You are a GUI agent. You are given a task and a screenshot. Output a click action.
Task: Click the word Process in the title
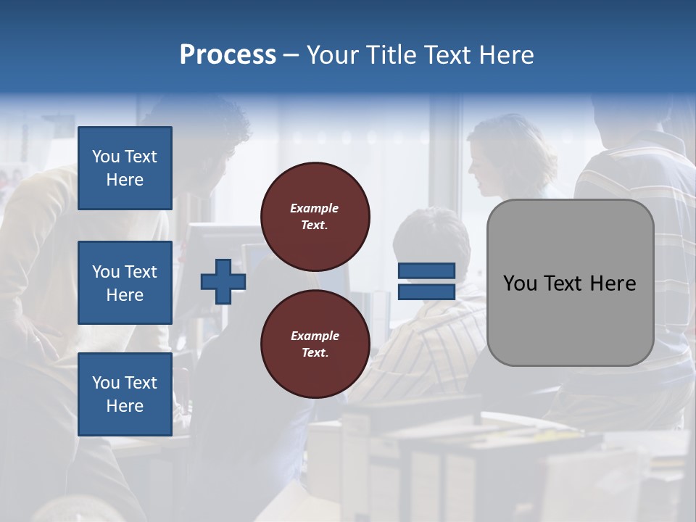pyautogui.click(x=228, y=55)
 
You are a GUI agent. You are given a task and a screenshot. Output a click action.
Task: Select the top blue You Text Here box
pyautogui.click(x=125, y=168)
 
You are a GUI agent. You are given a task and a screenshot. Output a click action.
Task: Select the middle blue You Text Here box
pyautogui.click(x=125, y=283)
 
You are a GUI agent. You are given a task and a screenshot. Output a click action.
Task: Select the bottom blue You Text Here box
pyautogui.click(x=125, y=394)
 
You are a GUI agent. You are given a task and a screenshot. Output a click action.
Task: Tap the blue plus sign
pyautogui.click(x=223, y=281)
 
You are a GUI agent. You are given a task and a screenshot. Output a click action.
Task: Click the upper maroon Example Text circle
pyautogui.click(x=315, y=216)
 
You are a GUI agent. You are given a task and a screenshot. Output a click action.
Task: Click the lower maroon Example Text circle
pyautogui.click(x=315, y=344)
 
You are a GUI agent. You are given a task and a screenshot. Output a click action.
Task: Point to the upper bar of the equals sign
pyautogui.click(x=427, y=270)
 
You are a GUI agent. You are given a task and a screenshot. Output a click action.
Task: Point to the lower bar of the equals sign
pyautogui.click(x=427, y=291)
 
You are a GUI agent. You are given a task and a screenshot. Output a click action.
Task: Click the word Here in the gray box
pyautogui.click(x=613, y=283)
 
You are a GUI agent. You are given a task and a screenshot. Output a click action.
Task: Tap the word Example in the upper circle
pyautogui.click(x=315, y=208)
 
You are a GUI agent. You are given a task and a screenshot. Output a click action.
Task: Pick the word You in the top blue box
pyautogui.click(x=106, y=157)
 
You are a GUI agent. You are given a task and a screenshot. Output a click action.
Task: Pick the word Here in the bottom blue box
pyautogui.click(x=125, y=406)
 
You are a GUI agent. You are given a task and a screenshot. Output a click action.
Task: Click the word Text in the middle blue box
pyautogui.click(x=140, y=272)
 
